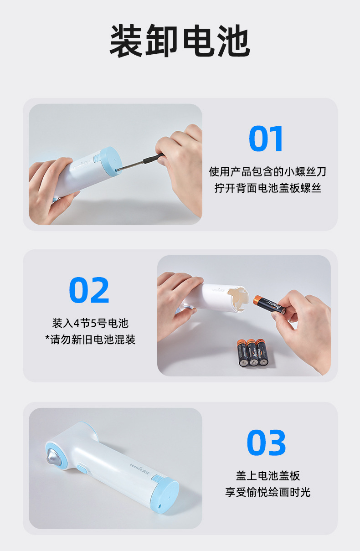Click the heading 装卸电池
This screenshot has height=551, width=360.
coord(180,41)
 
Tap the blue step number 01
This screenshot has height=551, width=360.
coord(266,139)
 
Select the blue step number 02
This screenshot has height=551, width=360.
coord(89,290)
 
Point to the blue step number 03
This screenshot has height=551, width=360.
coord(266,443)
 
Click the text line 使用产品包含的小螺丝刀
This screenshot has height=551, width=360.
coord(267,172)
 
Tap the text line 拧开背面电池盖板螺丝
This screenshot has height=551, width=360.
coord(268,188)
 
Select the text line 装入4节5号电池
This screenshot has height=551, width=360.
coord(90,323)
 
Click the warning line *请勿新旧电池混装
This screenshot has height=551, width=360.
coord(90,340)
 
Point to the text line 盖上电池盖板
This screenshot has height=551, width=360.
coord(268,476)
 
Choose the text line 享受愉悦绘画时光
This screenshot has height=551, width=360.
coord(268,492)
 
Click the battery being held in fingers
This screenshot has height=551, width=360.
coord(269,304)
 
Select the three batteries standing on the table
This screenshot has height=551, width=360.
coord(252,352)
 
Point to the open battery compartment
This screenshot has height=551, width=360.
coord(238,299)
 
